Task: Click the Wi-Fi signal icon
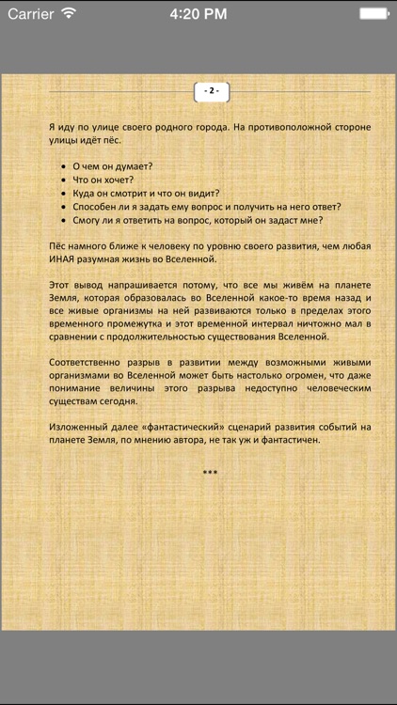tap(69, 13)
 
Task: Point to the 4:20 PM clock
tap(198, 13)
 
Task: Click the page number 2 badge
tap(212, 91)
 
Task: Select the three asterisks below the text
tap(210, 472)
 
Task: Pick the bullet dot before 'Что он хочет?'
tap(62, 179)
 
